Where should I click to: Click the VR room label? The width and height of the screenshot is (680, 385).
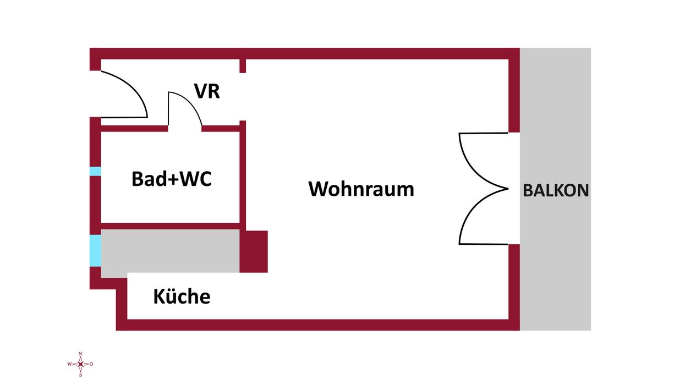(207, 91)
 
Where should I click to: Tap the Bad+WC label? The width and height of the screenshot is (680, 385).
(172, 179)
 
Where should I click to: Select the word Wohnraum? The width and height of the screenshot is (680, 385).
(361, 189)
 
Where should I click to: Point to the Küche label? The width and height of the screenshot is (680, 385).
(182, 296)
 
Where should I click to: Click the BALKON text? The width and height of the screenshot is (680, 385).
(556, 190)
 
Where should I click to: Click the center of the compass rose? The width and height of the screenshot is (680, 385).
(80, 364)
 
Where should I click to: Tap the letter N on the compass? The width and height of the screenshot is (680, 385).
(80, 354)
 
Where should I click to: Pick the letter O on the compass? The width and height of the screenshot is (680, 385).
(91, 364)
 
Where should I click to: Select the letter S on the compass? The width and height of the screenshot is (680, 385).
(80, 375)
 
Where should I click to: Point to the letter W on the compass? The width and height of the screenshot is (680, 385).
(69, 364)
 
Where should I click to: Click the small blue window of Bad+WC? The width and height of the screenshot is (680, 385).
(95, 171)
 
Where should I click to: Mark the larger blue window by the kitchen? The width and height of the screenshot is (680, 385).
(95, 250)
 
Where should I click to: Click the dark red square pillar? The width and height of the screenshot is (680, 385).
(254, 251)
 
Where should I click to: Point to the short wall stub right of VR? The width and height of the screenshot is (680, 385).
(243, 65)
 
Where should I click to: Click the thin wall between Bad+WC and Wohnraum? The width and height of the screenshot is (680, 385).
(242, 176)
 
